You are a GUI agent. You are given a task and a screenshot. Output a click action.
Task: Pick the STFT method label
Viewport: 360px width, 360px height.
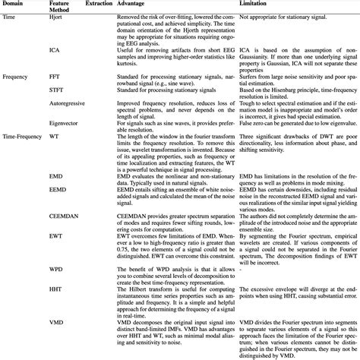click(x=56, y=90)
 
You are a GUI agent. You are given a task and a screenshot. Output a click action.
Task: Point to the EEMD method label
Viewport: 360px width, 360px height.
click(x=58, y=188)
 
